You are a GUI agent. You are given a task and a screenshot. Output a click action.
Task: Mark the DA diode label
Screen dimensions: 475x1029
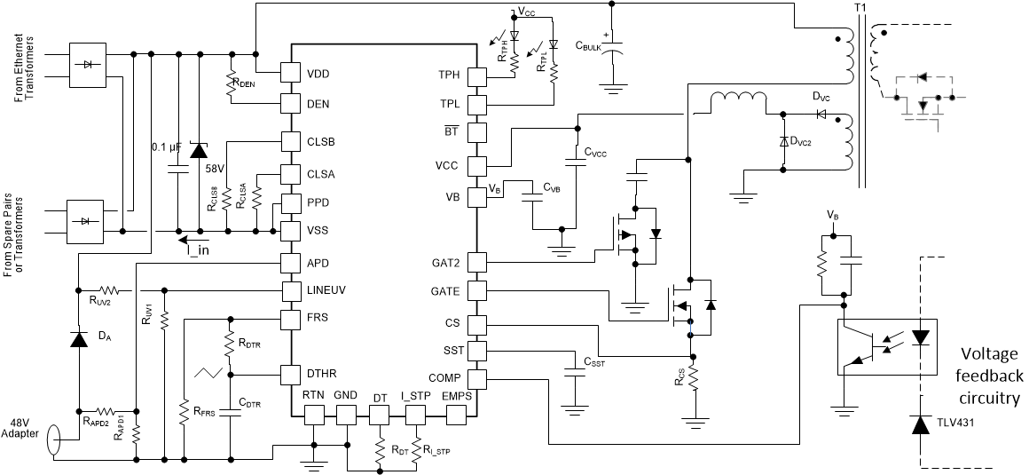(x=105, y=336)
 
